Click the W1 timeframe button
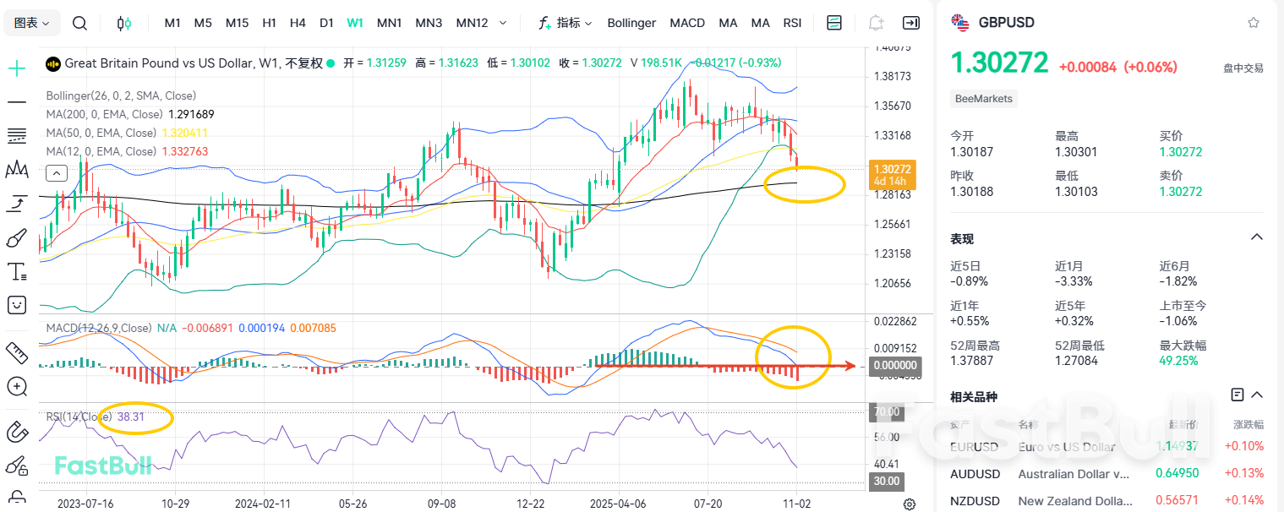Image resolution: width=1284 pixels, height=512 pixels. (x=355, y=23)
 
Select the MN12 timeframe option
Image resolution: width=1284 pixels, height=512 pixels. (x=472, y=23)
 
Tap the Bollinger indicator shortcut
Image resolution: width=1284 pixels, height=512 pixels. (x=631, y=23)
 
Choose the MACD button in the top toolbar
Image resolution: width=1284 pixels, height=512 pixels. (x=687, y=23)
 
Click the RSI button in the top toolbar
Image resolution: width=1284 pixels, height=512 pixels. (x=792, y=23)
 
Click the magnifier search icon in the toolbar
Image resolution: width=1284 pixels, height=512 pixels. (x=79, y=23)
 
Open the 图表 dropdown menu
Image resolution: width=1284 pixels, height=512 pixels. (x=32, y=23)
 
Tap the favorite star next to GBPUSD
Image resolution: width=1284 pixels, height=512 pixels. (x=1254, y=23)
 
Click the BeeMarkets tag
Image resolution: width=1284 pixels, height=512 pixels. (x=983, y=99)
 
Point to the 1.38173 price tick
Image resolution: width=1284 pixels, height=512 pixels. (x=893, y=77)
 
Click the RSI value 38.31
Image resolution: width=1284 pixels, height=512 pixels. (x=131, y=417)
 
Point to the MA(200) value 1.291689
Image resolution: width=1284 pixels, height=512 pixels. (x=191, y=114)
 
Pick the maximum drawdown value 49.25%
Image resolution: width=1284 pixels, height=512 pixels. (x=1179, y=362)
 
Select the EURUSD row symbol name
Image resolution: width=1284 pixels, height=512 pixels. (x=974, y=446)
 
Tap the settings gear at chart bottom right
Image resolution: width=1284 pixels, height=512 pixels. (x=910, y=504)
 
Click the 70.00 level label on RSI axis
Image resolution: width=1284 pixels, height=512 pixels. (x=887, y=412)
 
